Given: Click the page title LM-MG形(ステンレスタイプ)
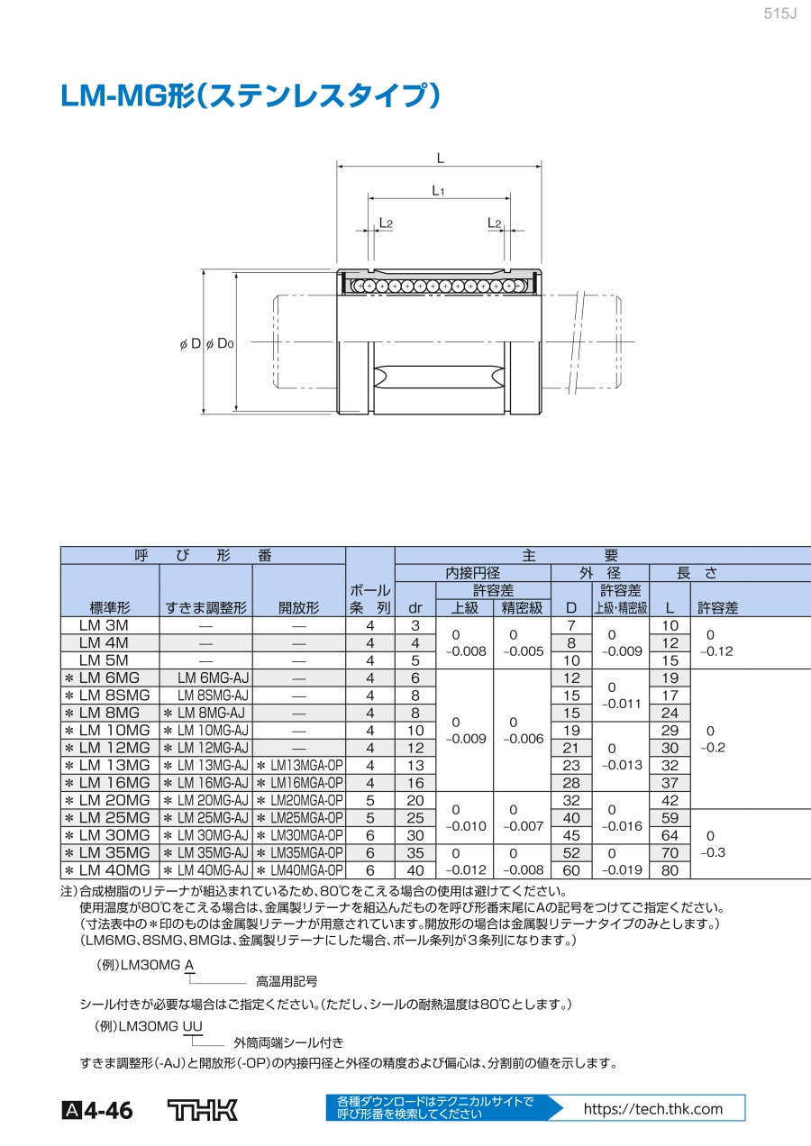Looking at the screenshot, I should [x=250, y=96].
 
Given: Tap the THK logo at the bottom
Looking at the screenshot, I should [x=203, y=1110].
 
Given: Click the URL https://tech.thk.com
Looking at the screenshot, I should [x=653, y=1109].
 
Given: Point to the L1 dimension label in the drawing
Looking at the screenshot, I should [x=438, y=190].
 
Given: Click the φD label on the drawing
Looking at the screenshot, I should [x=190, y=343].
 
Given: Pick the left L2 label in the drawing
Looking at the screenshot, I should [x=386, y=222].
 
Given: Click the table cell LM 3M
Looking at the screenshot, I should [x=104, y=625].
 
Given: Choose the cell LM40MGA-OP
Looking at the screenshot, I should [x=300, y=871].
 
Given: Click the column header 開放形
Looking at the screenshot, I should [x=299, y=607].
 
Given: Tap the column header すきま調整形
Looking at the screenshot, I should [x=205, y=607].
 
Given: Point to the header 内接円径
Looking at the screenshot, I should [x=472, y=572].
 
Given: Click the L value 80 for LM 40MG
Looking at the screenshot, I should [x=670, y=871].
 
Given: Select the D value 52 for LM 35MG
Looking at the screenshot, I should [x=571, y=853].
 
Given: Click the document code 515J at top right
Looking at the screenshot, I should [x=780, y=14].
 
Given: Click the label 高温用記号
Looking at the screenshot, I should [x=287, y=981].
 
